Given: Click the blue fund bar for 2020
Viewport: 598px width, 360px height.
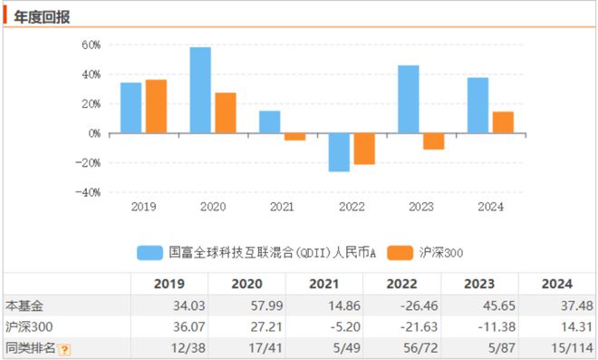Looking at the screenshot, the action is pos(200,90).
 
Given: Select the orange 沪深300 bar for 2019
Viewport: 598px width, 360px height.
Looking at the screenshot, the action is pos(156,106).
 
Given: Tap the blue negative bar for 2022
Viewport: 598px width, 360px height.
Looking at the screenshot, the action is pos(339,152).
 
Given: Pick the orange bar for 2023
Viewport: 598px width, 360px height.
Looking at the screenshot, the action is pos(434,141).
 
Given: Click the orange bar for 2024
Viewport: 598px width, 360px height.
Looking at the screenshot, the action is pos(503,122).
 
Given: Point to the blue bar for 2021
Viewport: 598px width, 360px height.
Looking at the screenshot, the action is pos(270,122).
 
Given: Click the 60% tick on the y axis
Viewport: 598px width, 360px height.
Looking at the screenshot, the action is pos(91,45).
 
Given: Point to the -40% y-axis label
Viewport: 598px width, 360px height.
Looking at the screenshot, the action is pos(88,192).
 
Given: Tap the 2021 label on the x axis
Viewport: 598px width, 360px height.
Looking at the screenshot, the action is pos(282,207).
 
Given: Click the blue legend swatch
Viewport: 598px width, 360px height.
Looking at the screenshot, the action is pos(149,253).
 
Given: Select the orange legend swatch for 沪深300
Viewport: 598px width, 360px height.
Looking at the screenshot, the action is pos(400,253).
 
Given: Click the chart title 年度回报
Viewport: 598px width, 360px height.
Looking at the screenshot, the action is pos(42,17).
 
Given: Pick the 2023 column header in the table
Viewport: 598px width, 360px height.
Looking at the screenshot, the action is pos(479,284).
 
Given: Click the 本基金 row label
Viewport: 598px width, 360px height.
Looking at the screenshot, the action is pos(24,306).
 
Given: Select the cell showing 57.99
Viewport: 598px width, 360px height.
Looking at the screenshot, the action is pos(266,306).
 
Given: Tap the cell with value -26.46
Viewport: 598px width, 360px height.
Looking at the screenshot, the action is pos(420,306).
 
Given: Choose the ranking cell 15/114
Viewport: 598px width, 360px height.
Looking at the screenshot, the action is pos(572,348).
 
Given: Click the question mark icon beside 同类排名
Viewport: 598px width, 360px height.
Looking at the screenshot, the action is pos(65,349).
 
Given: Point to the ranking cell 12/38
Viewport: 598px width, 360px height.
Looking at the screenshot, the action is pos(188,348).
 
